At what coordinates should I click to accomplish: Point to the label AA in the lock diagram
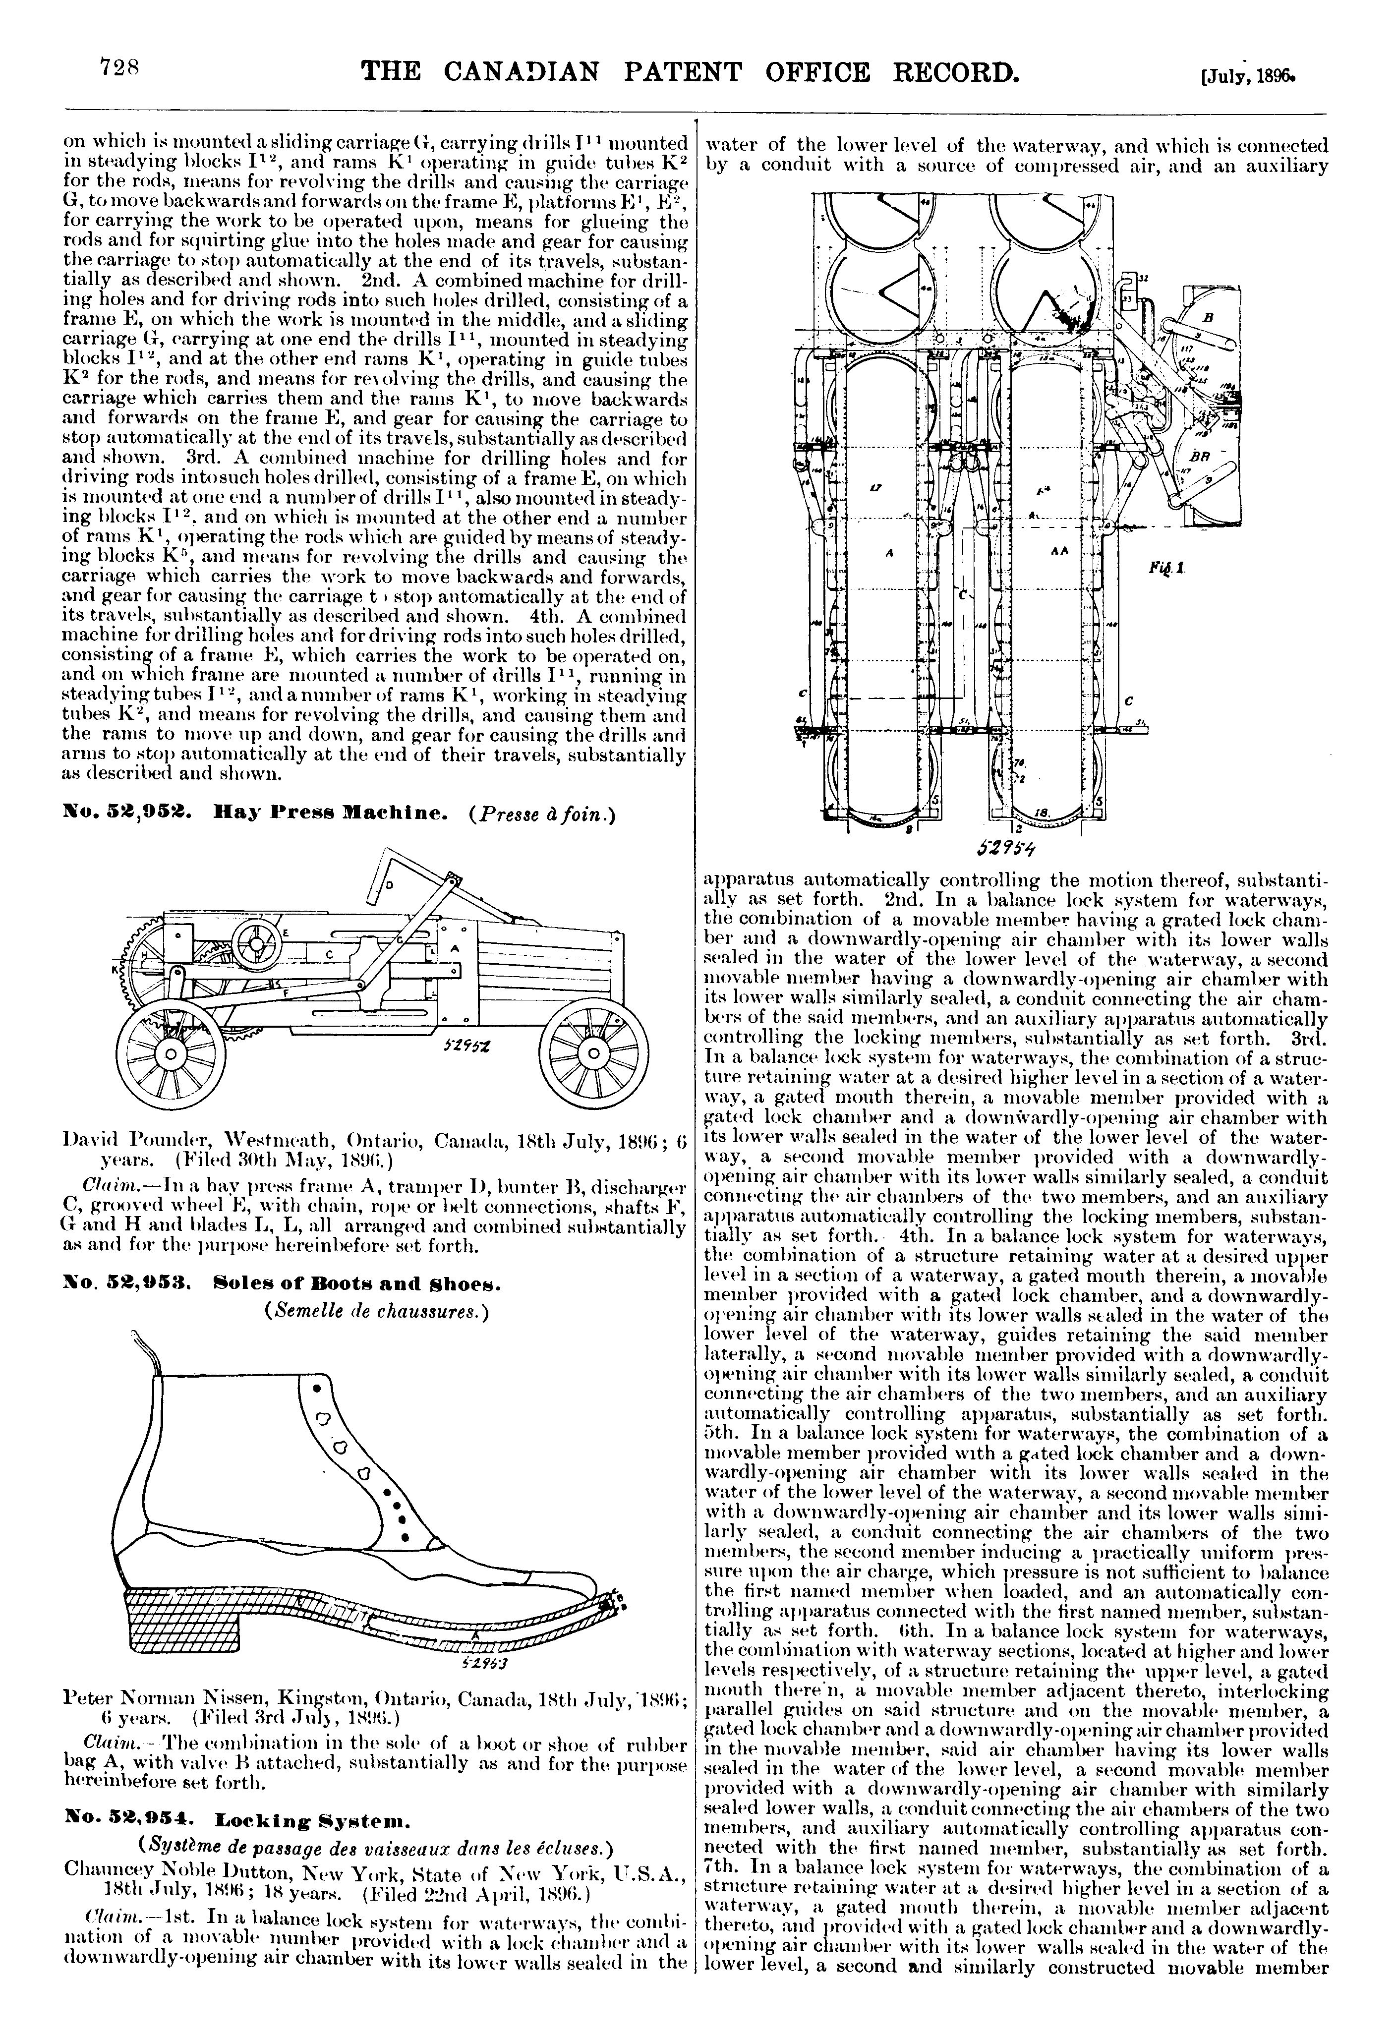(1057, 555)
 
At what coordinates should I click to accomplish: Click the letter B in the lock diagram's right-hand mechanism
(1209, 317)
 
